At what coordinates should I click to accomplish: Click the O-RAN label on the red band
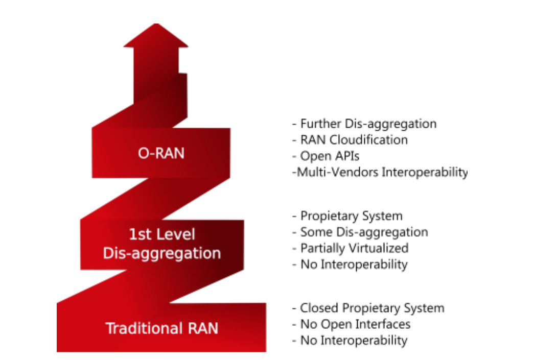161,153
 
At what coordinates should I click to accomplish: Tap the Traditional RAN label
161,327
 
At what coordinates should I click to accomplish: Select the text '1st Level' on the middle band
162,234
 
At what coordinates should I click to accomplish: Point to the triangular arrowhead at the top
156,36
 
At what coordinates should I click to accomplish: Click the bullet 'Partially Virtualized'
351,248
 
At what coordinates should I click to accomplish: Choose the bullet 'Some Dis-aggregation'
360,232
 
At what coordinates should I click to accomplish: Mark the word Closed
319,308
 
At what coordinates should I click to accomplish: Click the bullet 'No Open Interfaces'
351,324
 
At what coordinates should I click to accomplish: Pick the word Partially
320,248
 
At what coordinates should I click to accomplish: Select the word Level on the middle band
176,234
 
